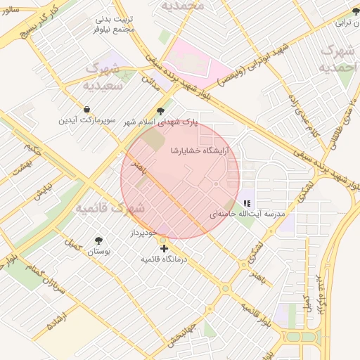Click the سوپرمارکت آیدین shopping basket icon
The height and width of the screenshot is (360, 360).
click(86, 110)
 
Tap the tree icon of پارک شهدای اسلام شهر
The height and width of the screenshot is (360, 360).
click(161, 110)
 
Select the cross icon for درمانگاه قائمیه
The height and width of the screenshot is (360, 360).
click(164, 248)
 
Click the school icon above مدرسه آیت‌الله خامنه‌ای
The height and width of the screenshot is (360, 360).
click(246, 202)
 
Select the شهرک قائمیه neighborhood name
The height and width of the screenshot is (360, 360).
click(110, 208)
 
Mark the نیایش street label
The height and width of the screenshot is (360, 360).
click(43, 191)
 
